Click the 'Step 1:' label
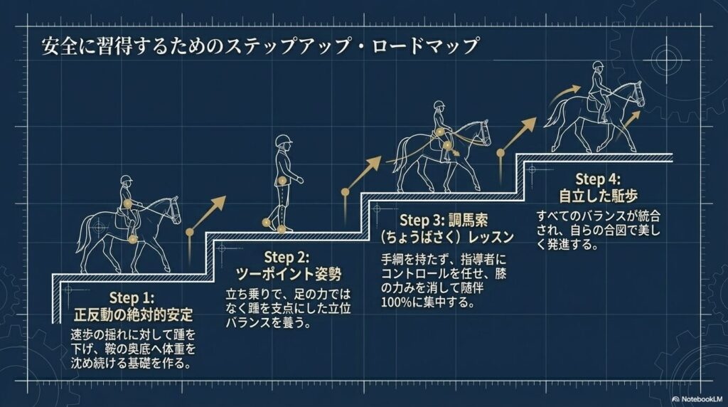133,297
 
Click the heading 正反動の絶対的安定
133,313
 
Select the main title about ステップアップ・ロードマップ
251,48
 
